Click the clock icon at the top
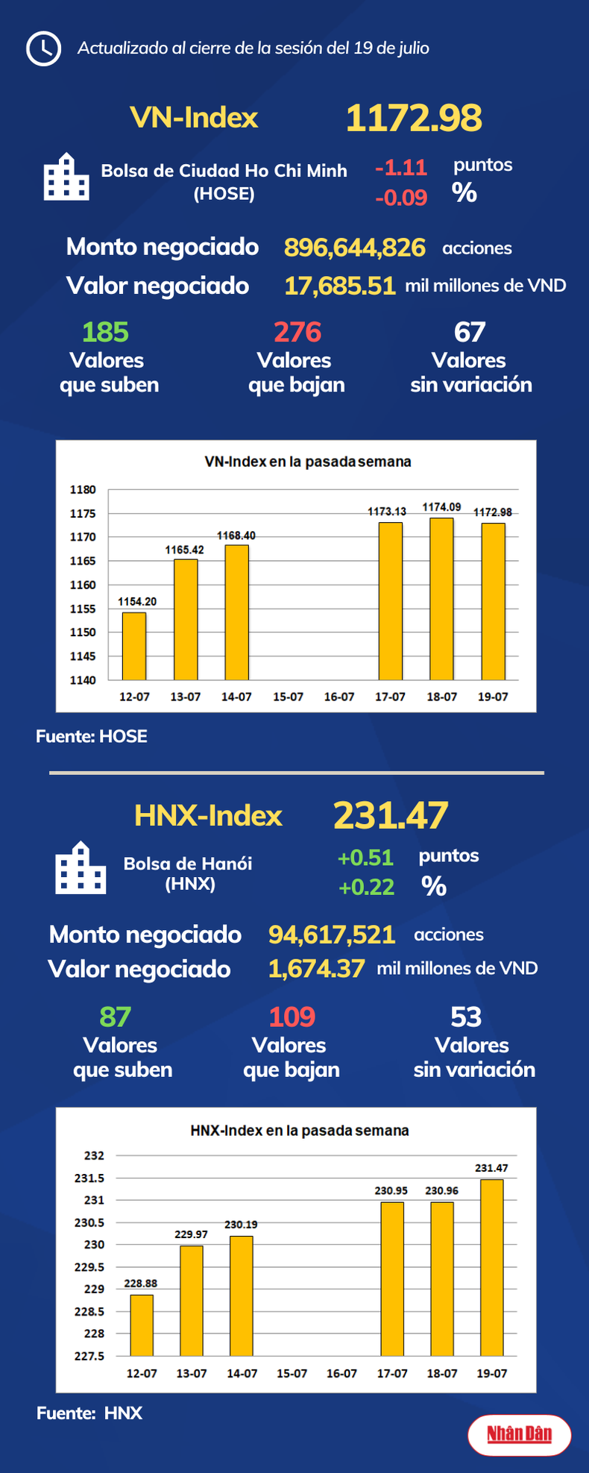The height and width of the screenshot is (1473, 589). [x=43, y=48]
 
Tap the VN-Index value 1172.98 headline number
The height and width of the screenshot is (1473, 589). [x=414, y=118]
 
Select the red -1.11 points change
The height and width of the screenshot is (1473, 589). [x=401, y=167]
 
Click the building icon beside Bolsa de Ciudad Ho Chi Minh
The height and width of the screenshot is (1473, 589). [x=66, y=177]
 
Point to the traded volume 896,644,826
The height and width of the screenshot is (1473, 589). [x=355, y=248]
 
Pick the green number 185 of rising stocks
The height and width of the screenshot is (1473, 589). [x=105, y=332]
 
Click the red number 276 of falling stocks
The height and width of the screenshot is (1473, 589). [x=297, y=332]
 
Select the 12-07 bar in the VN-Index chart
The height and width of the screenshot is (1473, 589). [x=134, y=646]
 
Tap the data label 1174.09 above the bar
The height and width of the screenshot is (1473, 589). [x=441, y=507]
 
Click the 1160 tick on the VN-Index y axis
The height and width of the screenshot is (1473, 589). [x=83, y=585]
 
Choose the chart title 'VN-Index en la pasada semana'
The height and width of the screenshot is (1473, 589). [x=307, y=462]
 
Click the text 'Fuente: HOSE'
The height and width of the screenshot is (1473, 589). [x=92, y=736]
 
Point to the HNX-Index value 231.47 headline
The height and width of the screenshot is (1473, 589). [x=391, y=815]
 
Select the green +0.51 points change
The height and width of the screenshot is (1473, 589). [x=365, y=858]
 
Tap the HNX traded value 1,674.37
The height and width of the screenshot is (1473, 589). [x=317, y=969]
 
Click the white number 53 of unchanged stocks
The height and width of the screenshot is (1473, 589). [x=466, y=1017]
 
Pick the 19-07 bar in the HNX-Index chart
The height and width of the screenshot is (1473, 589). [x=492, y=1268]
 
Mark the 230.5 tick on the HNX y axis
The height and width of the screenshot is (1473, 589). [x=89, y=1223]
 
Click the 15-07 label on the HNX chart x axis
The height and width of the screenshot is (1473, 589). [x=292, y=1373]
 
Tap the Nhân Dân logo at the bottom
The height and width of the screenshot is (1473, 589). [x=520, y=1434]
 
